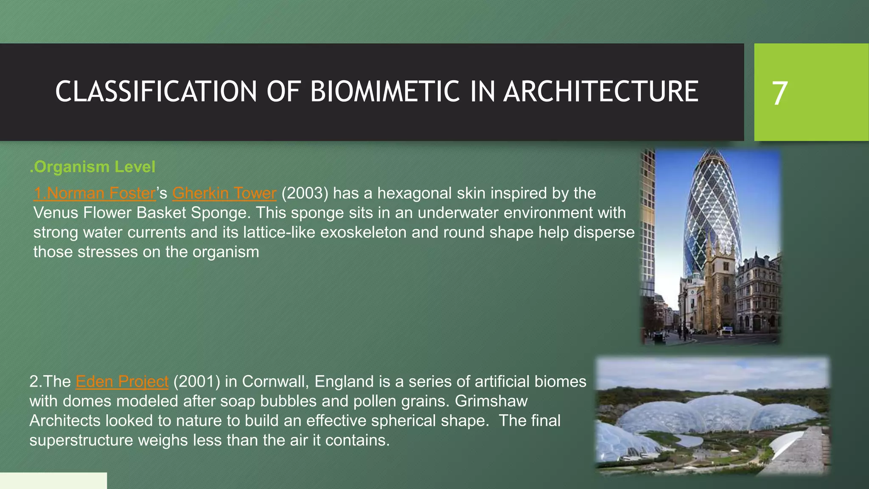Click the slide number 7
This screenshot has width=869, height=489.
click(x=779, y=93)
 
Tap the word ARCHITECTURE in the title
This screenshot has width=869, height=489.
click(x=600, y=92)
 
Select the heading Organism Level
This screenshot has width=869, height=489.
click(x=93, y=167)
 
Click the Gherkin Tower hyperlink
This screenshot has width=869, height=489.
click(x=224, y=193)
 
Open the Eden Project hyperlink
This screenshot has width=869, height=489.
click(x=122, y=381)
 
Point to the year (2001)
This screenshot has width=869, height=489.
click(x=196, y=381)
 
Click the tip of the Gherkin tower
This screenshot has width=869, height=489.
click(x=712, y=152)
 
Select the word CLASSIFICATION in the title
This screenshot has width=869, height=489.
click(x=156, y=92)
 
